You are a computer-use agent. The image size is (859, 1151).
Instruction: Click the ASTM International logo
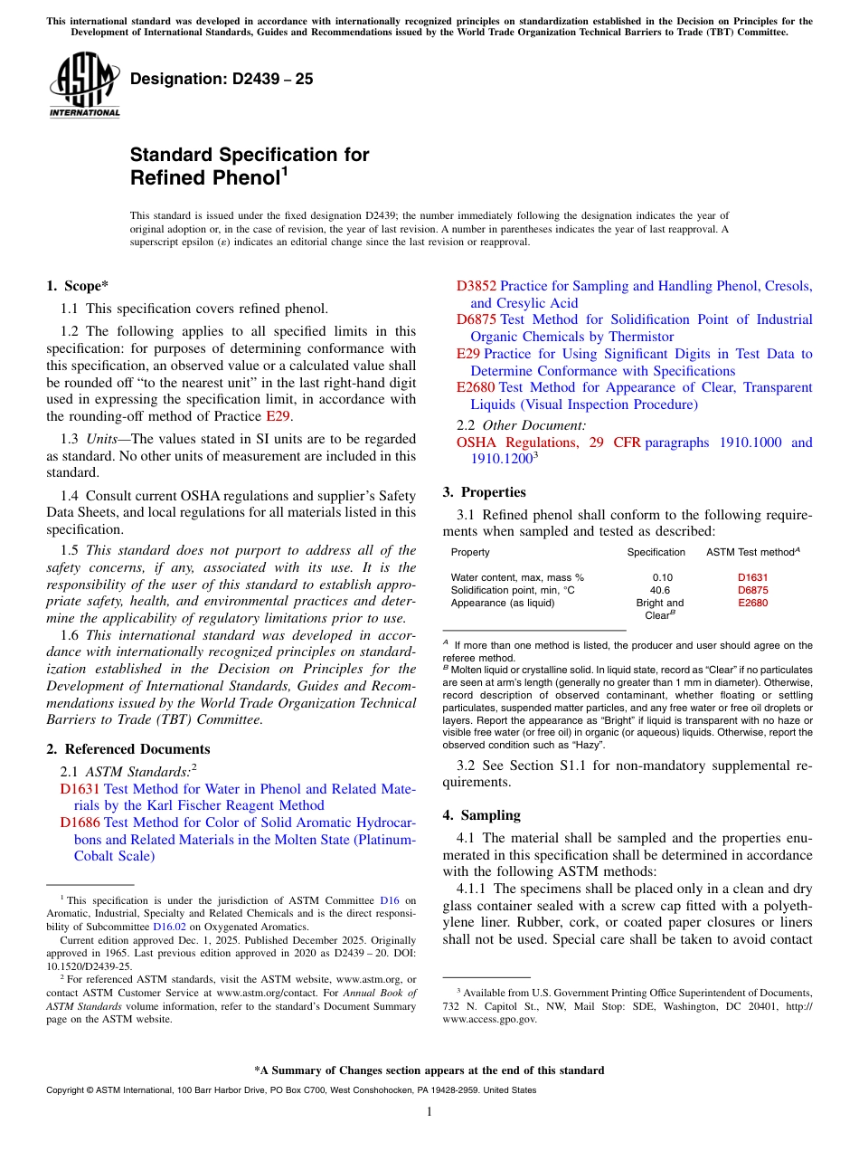click(x=84, y=85)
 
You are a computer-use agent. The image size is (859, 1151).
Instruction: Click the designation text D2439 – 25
click(x=222, y=79)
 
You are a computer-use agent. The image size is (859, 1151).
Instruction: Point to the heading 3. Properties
click(x=484, y=492)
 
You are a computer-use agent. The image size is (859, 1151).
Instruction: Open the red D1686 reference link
click(x=80, y=823)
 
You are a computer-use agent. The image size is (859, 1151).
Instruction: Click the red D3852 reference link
click(x=477, y=286)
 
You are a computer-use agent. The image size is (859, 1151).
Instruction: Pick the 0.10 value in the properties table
click(x=662, y=576)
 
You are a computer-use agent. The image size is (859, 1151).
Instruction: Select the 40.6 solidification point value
click(x=660, y=590)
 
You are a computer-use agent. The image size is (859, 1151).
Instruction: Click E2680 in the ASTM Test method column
click(x=752, y=603)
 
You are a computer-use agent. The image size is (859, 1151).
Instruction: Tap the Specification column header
click(x=656, y=552)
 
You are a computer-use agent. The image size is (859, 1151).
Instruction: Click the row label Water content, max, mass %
click(x=517, y=576)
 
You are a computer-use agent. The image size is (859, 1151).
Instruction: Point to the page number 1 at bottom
click(x=429, y=1111)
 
